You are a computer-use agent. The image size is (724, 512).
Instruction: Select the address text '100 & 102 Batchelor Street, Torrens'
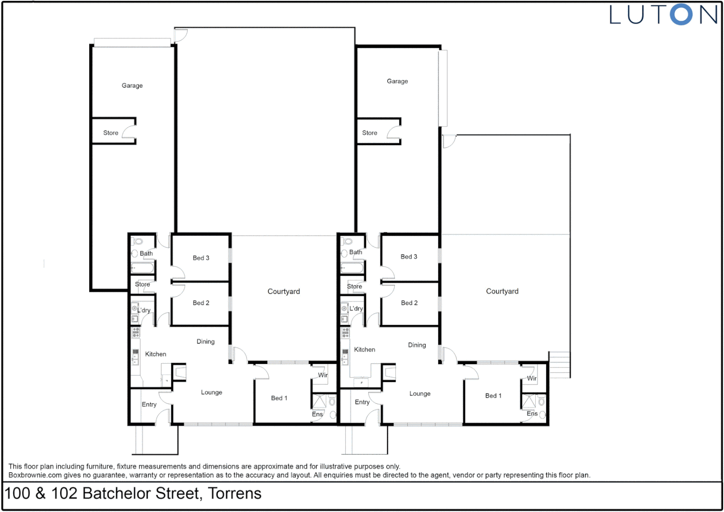click(x=133, y=494)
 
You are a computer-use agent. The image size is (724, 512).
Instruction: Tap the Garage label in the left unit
click(x=132, y=86)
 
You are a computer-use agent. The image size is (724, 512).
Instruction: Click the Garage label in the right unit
click(x=397, y=82)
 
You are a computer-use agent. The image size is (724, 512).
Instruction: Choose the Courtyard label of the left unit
click(x=284, y=292)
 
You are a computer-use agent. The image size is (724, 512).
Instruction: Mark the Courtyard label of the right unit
click(x=502, y=292)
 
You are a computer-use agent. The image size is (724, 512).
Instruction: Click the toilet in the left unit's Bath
click(x=138, y=241)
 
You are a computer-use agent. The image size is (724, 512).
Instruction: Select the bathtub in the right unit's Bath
click(x=352, y=269)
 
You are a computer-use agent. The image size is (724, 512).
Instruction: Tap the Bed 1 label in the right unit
click(x=493, y=396)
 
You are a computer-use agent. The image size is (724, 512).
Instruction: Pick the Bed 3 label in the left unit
click(x=201, y=258)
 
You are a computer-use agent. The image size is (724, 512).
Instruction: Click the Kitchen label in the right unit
click(x=364, y=350)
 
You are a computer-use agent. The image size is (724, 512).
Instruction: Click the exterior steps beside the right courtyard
click(x=559, y=365)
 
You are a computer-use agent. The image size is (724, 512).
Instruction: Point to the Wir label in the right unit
click(x=532, y=378)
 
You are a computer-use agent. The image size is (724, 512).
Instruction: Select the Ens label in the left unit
click(x=317, y=414)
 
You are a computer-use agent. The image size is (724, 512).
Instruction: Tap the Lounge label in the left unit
click(x=211, y=393)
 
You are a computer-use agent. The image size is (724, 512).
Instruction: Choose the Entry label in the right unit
click(x=362, y=402)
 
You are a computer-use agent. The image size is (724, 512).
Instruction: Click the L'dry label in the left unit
click(x=144, y=311)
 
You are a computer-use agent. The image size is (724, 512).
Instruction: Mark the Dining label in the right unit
click(x=417, y=345)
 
